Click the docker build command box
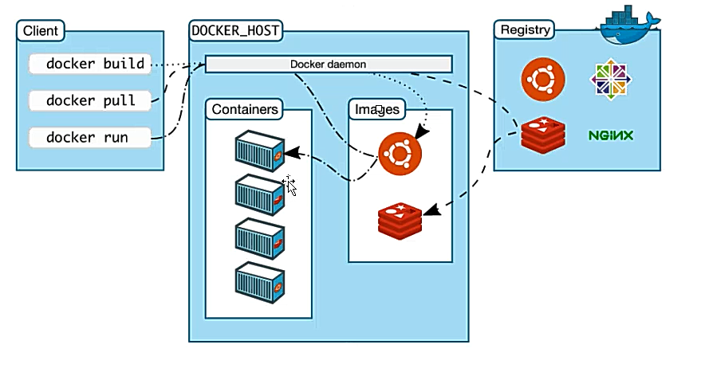[90, 64]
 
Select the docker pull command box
[90, 101]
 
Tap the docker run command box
[90, 137]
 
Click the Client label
[41, 31]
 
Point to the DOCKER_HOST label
[235, 31]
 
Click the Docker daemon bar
[329, 64]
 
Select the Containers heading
[246, 109]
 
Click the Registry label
[525, 30]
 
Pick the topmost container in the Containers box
[260, 151]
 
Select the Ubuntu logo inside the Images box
[400, 153]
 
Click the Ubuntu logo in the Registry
[544, 79]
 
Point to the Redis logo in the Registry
[543, 135]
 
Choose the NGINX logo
[611, 135]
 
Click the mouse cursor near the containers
[290, 187]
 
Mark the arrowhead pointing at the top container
[292, 151]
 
